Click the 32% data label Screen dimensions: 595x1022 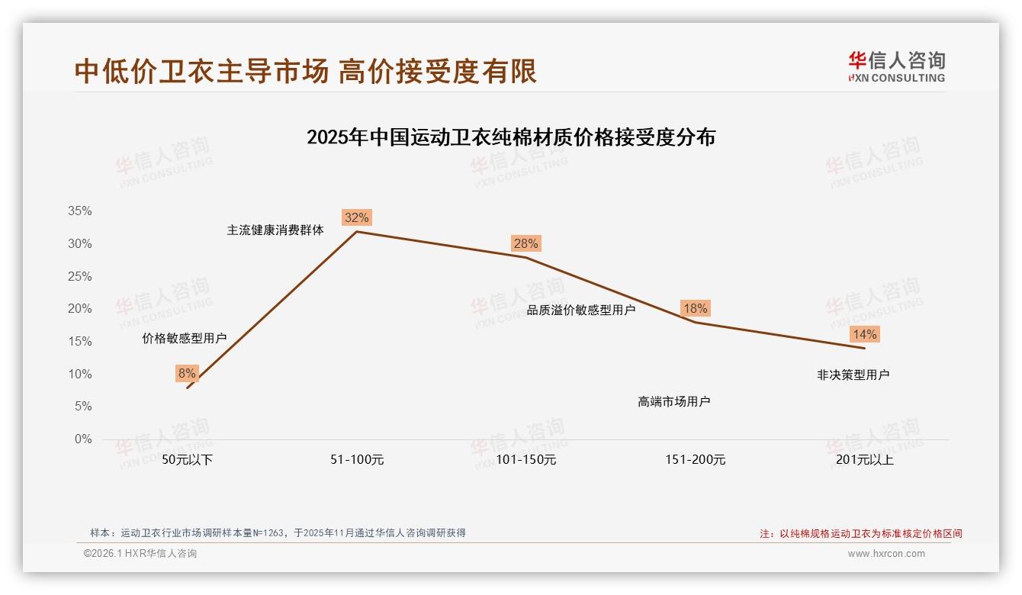click(x=356, y=217)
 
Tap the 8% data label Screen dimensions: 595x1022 click(x=187, y=373)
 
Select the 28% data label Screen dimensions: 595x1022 click(x=525, y=243)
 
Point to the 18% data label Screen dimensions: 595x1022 click(x=695, y=308)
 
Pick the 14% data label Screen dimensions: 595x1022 click(x=864, y=334)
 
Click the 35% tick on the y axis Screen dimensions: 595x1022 click(x=80, y=211)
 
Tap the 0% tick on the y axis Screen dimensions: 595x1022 click(x=83, y=439)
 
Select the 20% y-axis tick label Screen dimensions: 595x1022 click(x=80, y=309)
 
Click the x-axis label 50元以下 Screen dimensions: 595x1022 click(x=188, y=460)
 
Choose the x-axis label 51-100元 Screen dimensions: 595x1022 click(x=357, y=460)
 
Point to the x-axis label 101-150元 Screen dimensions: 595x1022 click(x=526, y=460)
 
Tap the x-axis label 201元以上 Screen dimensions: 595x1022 click(x=864, y=460)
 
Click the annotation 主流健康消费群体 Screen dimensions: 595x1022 click(x=275, y=230)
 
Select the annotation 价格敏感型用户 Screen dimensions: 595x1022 click(x=185, y=338)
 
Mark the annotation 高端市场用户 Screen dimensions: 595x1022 click(x=673, y=401)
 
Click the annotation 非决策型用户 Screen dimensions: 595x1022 click(x=853, y=375)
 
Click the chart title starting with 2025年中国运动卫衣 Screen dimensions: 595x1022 click(x=511, y=137)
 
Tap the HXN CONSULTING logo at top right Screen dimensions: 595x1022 click(x=896, y=66)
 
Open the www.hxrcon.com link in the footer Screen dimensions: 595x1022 click(x=886, y=554)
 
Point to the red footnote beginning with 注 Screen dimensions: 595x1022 click(x=861, y=534)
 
